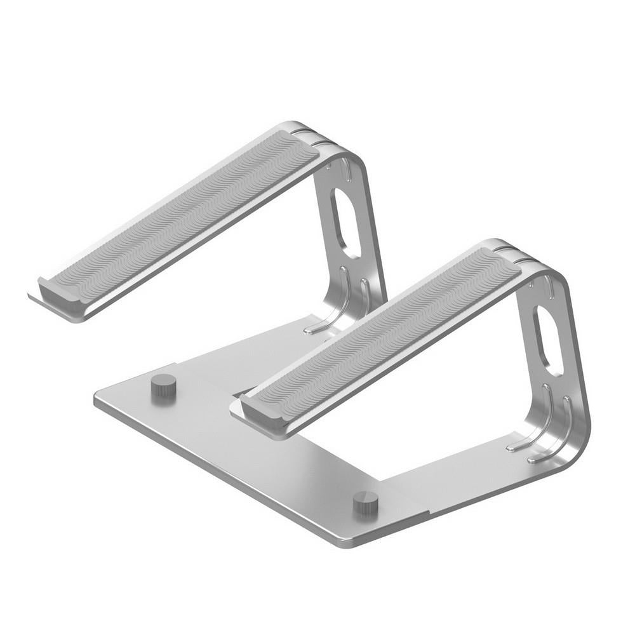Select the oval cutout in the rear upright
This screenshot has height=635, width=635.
coord(345,222)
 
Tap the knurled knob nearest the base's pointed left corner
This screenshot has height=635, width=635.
coord(163,385)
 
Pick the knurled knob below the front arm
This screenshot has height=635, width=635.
coord(366,503)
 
